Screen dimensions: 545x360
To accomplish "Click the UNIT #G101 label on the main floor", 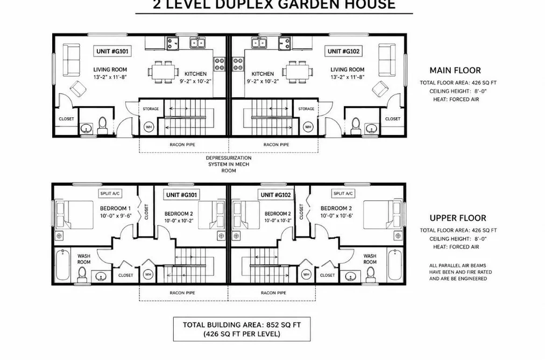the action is [x=112, y=52].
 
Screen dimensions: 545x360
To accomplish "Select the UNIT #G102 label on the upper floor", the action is [x=275, y=195].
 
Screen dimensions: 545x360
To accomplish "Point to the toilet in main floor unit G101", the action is [x=103, y=126].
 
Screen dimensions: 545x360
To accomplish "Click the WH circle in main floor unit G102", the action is [x=308, y=127].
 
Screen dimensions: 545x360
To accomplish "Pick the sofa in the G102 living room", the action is [x=387, y=60].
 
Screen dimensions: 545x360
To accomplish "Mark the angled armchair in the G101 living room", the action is [x=78, y=89].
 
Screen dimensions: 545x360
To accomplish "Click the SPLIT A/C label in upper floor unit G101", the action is [x=110, y=194].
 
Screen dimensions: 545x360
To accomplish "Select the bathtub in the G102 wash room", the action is [x=395, y=265].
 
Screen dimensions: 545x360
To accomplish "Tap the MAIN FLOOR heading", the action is [x=455, y=70].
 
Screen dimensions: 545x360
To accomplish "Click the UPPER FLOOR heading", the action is [x=458, y=218].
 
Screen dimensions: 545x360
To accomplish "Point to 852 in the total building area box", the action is [x=273, y=325].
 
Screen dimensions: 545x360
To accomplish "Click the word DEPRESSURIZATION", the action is [x=229, y=158].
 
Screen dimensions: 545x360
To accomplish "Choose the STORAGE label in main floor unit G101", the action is [x=151, y=109].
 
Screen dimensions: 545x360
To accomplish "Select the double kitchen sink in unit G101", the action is [x=198, y=43].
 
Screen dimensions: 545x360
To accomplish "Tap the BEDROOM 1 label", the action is [x=115, y=208].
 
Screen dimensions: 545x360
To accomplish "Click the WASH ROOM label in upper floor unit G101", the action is [x=84, y=259].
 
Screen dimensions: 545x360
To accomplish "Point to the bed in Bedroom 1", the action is [x=74, y=215].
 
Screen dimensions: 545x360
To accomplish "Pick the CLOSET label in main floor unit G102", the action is [x=393, y=119].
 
